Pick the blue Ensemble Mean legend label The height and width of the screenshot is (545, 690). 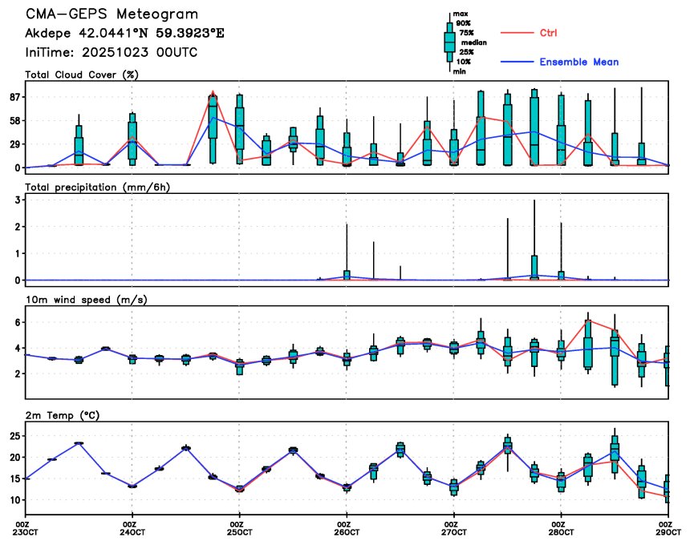(578, 62)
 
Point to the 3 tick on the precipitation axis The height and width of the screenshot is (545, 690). (17, 200)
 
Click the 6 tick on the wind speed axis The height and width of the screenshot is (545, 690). (17, 322)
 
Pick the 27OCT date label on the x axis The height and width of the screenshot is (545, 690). (454, 533)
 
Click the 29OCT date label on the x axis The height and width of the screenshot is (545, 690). (669, 533)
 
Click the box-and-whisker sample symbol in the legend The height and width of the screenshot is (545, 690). (449, 42)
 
